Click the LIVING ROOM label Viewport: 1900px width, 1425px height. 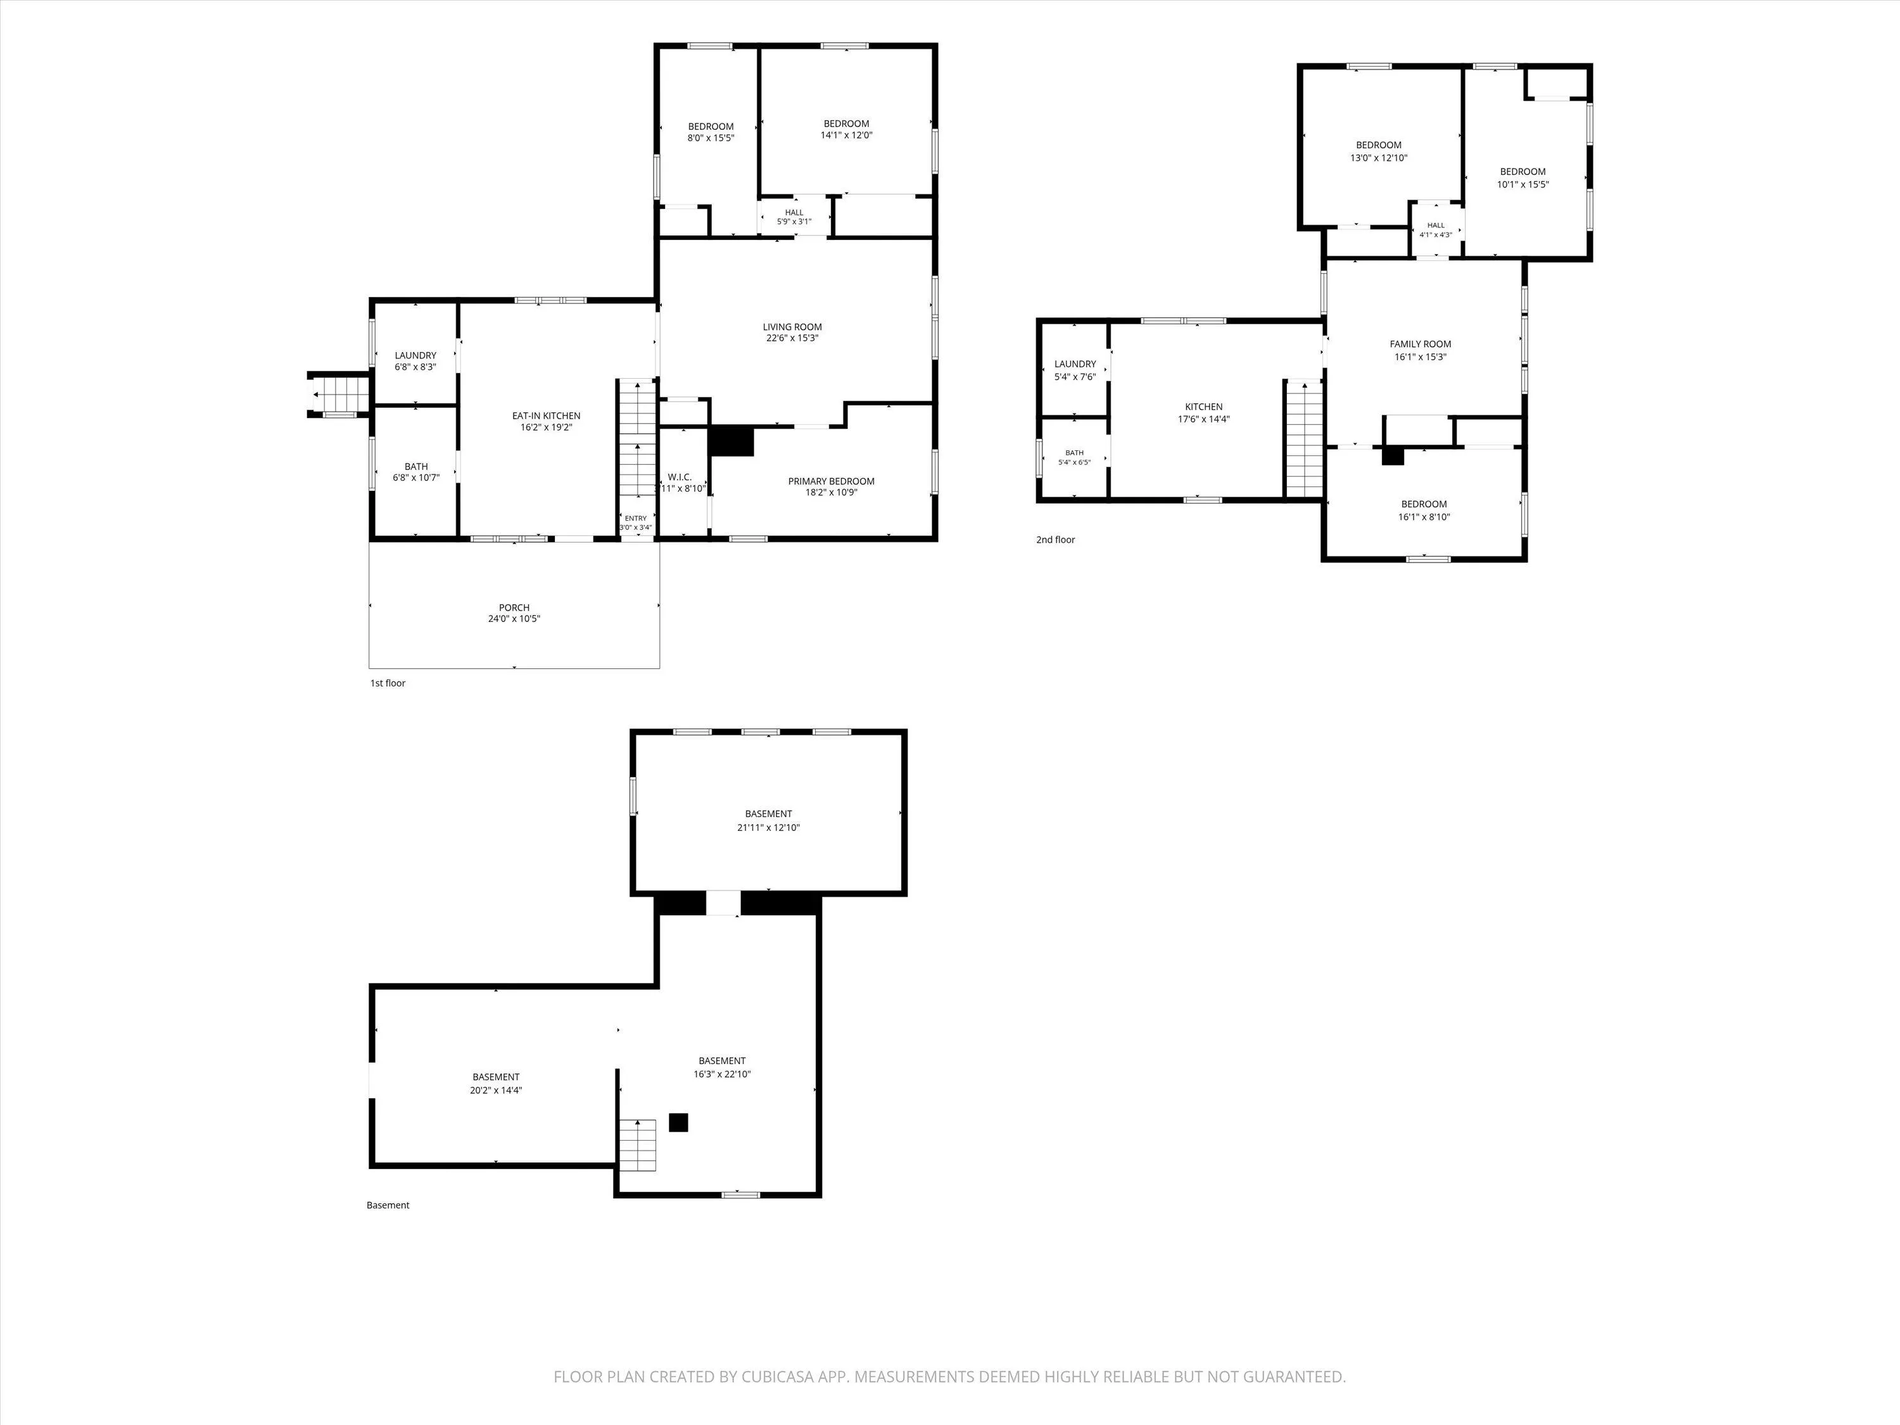pyautogui.click(x=792, y=326)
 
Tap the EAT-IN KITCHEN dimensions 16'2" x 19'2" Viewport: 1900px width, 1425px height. pyautogui.click(x=547, y=427)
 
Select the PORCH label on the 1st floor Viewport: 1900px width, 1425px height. pyautogui.click(x=514, y=607)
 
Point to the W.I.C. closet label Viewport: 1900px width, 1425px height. pyautogui.click(x=680, y=477)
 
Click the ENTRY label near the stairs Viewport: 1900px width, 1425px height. pyautogui.click(x=636, y=518)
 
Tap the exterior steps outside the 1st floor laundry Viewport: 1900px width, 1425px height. pyautogui.click(x=339, y=395)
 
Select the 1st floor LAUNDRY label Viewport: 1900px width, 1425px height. pyautogui.click(x=415, y=355)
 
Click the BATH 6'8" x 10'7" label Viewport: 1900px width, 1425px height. pyautogui.click(x=415, y=472)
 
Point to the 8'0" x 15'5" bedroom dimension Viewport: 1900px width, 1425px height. pyautogui.click(x=711, y=137)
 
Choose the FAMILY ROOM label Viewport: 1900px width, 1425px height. pyautogui.click(x=1421, y=343)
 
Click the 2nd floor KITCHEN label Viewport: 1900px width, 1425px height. pyautogui.click(x=1203, y=407)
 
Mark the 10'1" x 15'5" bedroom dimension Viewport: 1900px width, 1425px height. pyautogui.click(x=1523, y=184)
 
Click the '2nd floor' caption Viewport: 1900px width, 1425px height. pyautogui.click(x=1056, y=540)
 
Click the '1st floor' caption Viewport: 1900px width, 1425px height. pyautogui.click(x=388, y=683)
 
